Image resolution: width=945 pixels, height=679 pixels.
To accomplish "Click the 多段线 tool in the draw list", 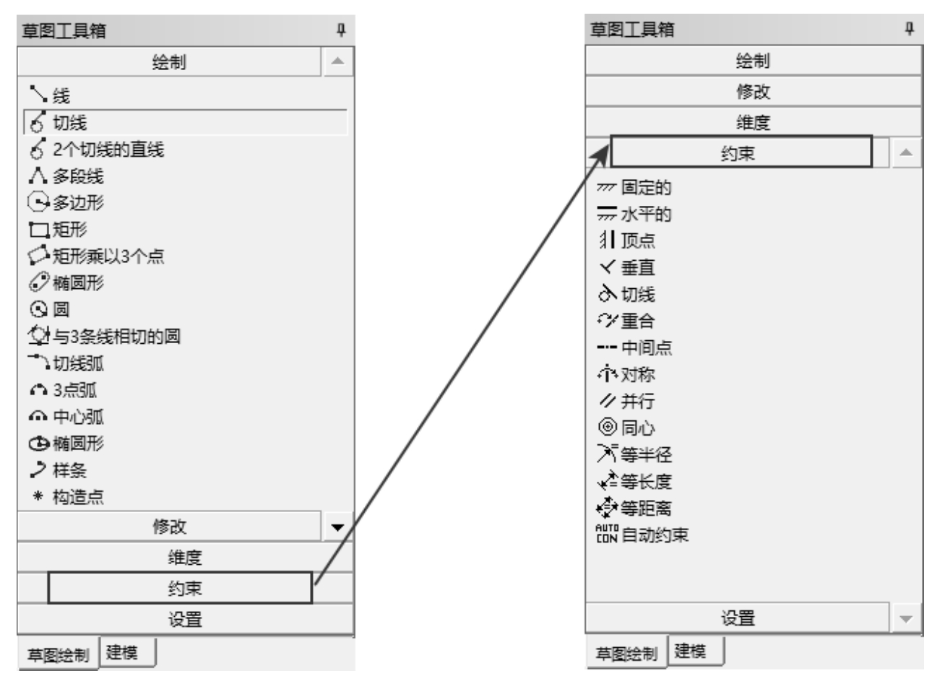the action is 66,176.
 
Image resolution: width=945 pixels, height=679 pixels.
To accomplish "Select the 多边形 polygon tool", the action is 66,202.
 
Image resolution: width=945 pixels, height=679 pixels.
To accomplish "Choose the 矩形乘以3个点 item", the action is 96,256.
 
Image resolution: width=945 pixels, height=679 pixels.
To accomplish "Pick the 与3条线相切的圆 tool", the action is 104,336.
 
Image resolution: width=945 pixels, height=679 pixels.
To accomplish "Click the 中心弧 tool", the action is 66,417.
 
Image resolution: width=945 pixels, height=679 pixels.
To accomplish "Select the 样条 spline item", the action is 59,470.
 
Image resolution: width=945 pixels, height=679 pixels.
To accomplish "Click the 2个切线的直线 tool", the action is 97,150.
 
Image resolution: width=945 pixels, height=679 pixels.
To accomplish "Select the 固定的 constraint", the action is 634,187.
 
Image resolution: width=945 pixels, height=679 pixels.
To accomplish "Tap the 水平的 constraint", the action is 634,214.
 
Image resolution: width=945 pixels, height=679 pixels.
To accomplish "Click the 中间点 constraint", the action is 634,347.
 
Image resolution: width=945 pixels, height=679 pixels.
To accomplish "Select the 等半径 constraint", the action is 634,454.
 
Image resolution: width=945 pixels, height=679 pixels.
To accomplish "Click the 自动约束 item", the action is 655,535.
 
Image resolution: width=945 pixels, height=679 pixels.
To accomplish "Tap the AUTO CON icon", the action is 607,534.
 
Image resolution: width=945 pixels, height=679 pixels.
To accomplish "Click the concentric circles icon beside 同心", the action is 608,427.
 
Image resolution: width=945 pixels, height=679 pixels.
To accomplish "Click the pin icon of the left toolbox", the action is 341,30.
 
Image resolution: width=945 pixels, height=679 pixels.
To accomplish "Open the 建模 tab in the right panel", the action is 690,651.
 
